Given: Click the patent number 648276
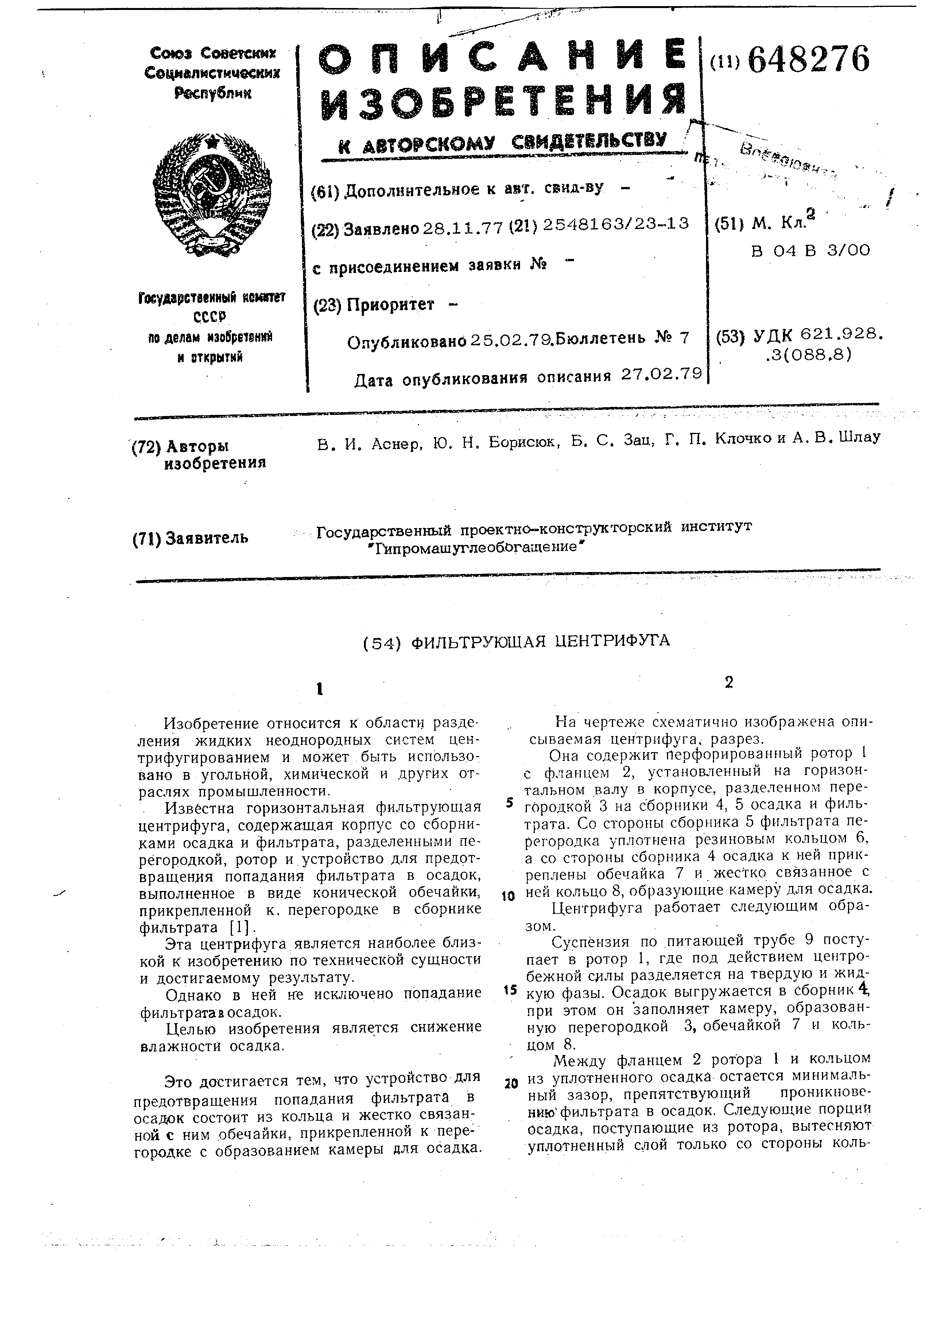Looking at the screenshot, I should point(808,60).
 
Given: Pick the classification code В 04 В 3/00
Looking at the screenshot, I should point(810,250).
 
